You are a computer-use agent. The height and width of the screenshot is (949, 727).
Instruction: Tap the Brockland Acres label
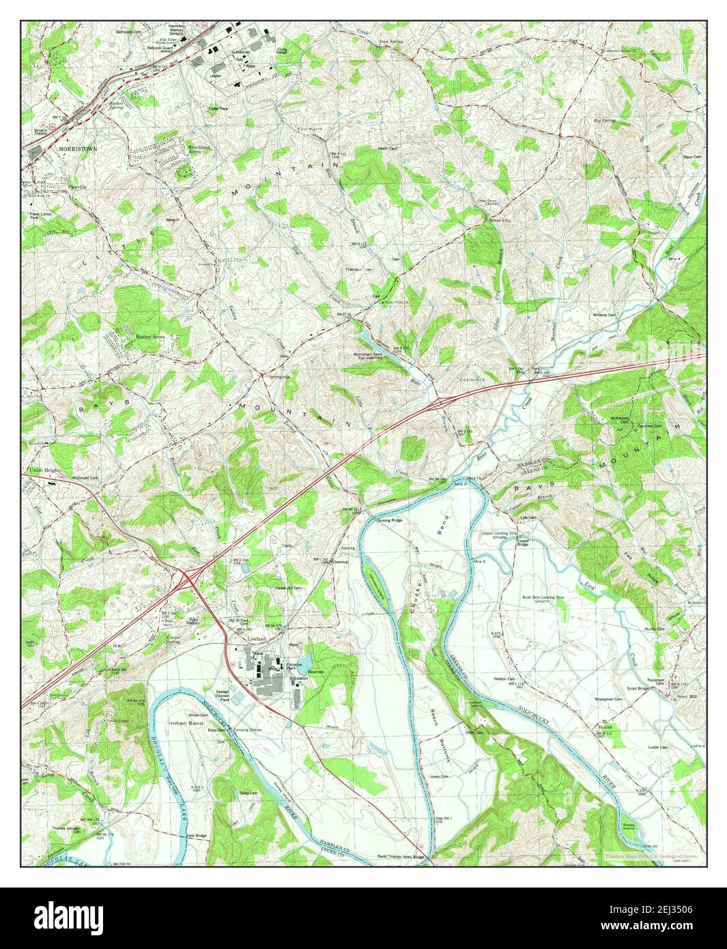point(205,148)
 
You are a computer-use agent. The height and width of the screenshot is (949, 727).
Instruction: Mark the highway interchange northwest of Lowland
point(189,578)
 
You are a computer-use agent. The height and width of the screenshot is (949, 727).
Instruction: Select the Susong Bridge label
point(386,520)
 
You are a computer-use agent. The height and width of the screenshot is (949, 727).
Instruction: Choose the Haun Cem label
point(692,157)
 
